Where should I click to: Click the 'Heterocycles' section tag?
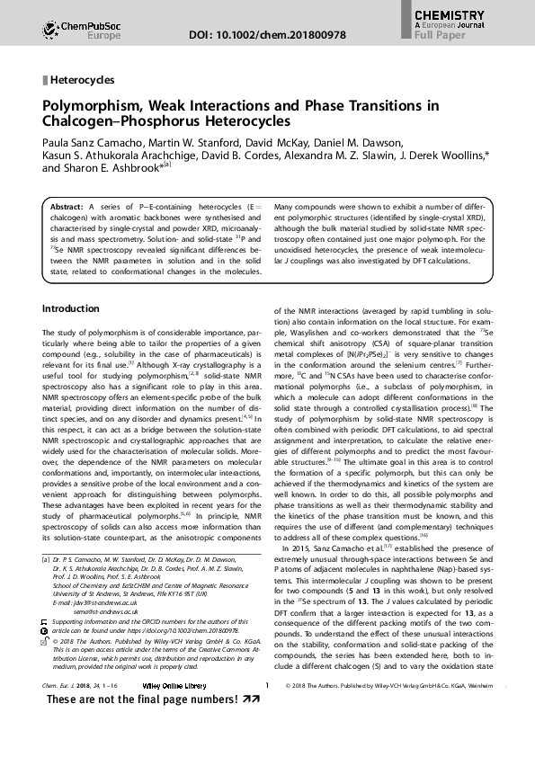click(82, 80)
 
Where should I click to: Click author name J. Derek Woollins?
click(440, 156)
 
